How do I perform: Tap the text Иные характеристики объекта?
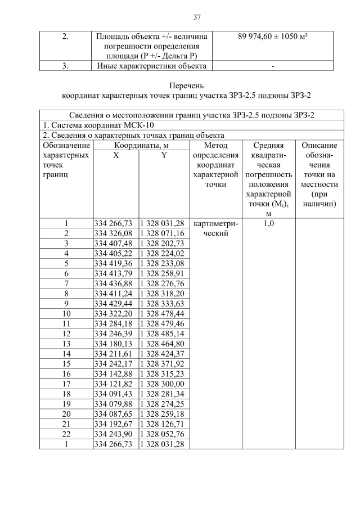150,66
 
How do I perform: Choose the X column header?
115,156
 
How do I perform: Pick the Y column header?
164,156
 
